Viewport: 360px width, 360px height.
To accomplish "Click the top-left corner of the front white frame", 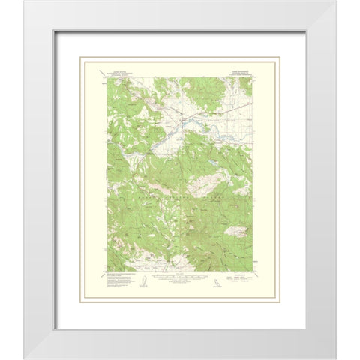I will coord(2,2).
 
